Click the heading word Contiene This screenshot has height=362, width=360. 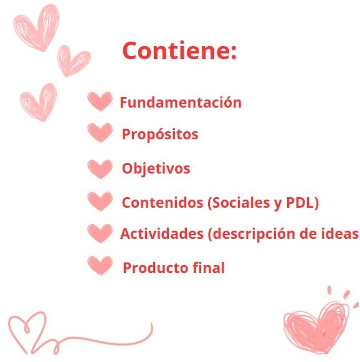click(177, 50)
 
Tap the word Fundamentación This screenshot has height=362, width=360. click(181, 102)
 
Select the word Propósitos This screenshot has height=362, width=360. click(160, 134)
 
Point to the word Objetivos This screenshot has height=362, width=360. click(156, 168)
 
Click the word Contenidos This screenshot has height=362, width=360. click(163, 203)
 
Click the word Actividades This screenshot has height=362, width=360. click(161, 234)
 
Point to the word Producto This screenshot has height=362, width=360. click(155, 268)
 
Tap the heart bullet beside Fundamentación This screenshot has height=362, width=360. click(100, 101)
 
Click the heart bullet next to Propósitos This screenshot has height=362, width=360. click(100, 132)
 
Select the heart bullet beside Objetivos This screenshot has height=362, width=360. click(100, 169)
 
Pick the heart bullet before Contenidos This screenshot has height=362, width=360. click(100, 202)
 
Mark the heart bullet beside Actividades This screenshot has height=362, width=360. click(100, 233)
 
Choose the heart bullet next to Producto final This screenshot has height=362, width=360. click(100, 266)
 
